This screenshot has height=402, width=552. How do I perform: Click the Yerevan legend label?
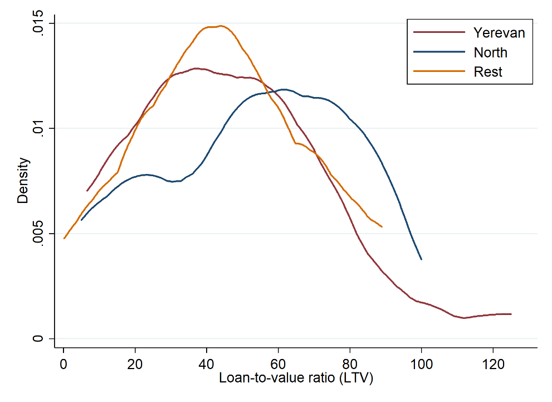(499, 33)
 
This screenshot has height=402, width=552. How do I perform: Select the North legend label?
(490, 52)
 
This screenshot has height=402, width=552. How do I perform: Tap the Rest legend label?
(487, 72)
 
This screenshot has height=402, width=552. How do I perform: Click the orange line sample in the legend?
(439, 71)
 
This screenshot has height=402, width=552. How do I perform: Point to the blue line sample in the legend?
(439, 52)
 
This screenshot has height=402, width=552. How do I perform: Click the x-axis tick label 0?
(63, 364)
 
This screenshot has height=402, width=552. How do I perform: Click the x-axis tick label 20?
(135, 364)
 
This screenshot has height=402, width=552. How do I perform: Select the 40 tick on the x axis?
(206, 364)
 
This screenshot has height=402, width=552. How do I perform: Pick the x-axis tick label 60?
(278, 364)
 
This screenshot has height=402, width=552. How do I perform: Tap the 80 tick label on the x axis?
(350, 364)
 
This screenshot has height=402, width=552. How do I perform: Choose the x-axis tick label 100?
(422, 364)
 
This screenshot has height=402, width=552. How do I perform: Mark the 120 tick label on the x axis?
(493, 364)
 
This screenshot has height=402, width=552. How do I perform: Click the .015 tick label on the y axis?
(37, 23)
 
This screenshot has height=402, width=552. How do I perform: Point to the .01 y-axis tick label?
(37, 128)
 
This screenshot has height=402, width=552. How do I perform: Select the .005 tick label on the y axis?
(37, 233)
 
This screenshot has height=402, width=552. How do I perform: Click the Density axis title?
(23, 181)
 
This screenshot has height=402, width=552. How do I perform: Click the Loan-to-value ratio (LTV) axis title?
(296, 378)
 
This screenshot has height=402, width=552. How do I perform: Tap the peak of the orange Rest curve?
(221, 26)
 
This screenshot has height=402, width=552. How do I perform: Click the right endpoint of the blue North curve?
(422, 260)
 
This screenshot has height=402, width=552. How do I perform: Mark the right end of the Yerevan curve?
(511, 314)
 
